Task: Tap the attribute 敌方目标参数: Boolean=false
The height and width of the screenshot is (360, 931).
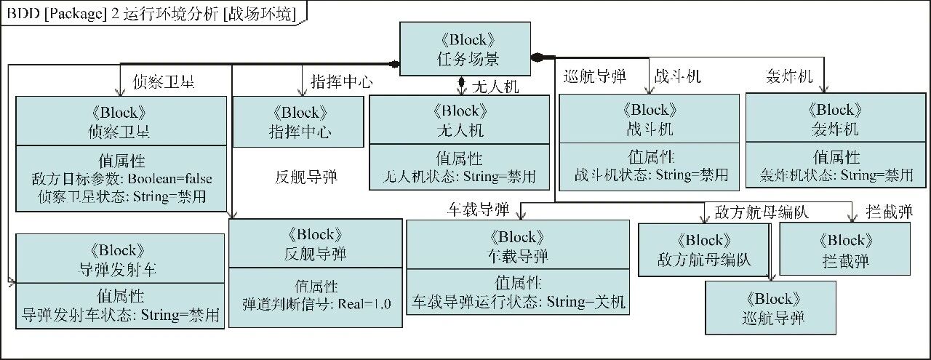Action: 121,179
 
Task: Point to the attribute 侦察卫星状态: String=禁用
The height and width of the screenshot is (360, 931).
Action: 121,197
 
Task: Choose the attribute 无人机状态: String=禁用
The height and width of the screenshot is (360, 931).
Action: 460,176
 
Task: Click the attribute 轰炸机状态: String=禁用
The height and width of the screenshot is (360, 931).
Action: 836,175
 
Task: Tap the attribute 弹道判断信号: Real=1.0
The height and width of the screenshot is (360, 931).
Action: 316,304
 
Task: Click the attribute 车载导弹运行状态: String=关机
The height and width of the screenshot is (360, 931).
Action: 519,301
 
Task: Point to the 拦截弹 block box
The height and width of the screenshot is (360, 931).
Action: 844,249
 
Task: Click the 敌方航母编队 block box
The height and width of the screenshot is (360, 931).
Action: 704,249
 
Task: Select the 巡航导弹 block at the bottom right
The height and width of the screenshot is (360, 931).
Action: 772,308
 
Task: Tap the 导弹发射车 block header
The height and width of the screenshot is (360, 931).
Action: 120,259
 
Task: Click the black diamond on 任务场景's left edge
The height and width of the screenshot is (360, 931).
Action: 395,64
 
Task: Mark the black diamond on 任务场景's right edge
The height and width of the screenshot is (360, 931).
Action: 538,57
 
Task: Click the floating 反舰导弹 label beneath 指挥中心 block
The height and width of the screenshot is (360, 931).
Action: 306,177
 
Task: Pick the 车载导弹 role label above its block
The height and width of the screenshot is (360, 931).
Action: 476,210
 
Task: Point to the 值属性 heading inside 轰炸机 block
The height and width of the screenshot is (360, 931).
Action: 836,157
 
